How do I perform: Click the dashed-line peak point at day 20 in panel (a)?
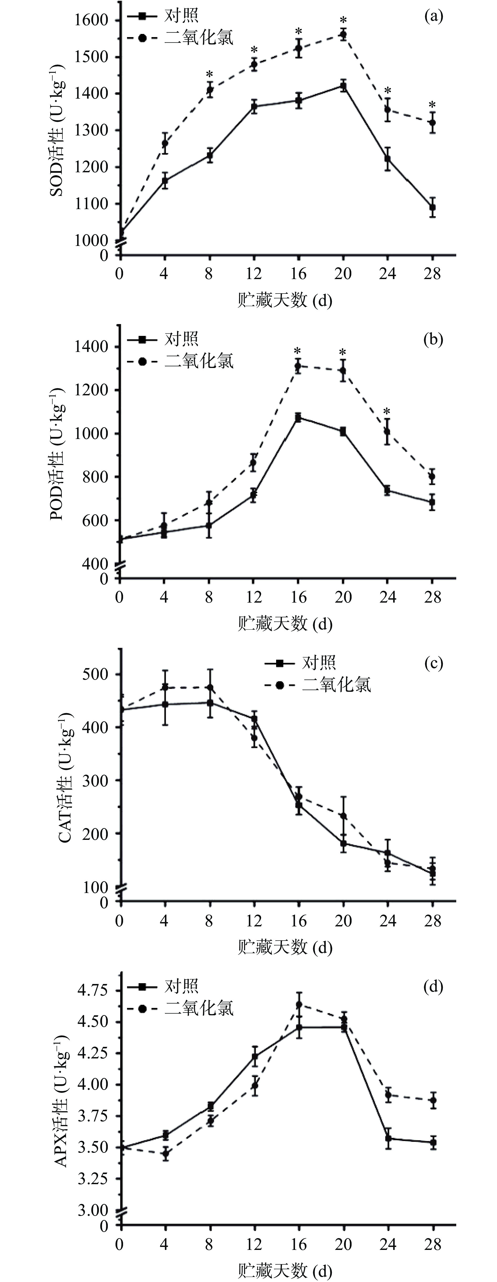pos(343,34)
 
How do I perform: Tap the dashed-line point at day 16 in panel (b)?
pos(298,366)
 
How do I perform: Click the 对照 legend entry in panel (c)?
pos(318,662)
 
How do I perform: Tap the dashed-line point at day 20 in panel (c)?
pos(343,816)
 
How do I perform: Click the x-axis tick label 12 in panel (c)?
pos(254,921)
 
